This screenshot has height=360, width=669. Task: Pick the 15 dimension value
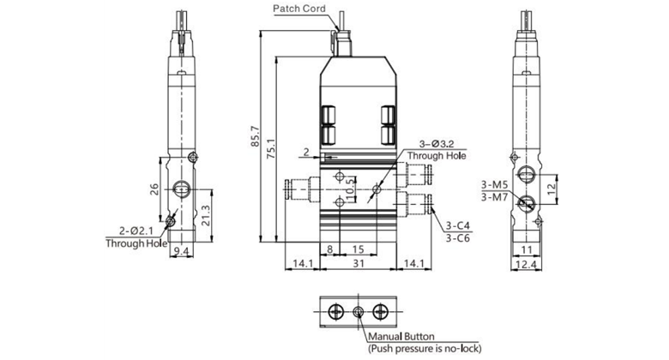tap(357, 249)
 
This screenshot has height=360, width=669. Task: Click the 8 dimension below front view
tap(330, 249)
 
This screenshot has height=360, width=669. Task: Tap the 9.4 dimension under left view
tap(181, 251)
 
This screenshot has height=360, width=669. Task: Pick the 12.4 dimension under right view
tap(528, 265)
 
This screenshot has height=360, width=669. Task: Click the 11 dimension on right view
tap(527, 249)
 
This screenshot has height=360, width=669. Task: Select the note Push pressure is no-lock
tap(425, 348)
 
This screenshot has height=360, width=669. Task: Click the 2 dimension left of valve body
tap(305, 152)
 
